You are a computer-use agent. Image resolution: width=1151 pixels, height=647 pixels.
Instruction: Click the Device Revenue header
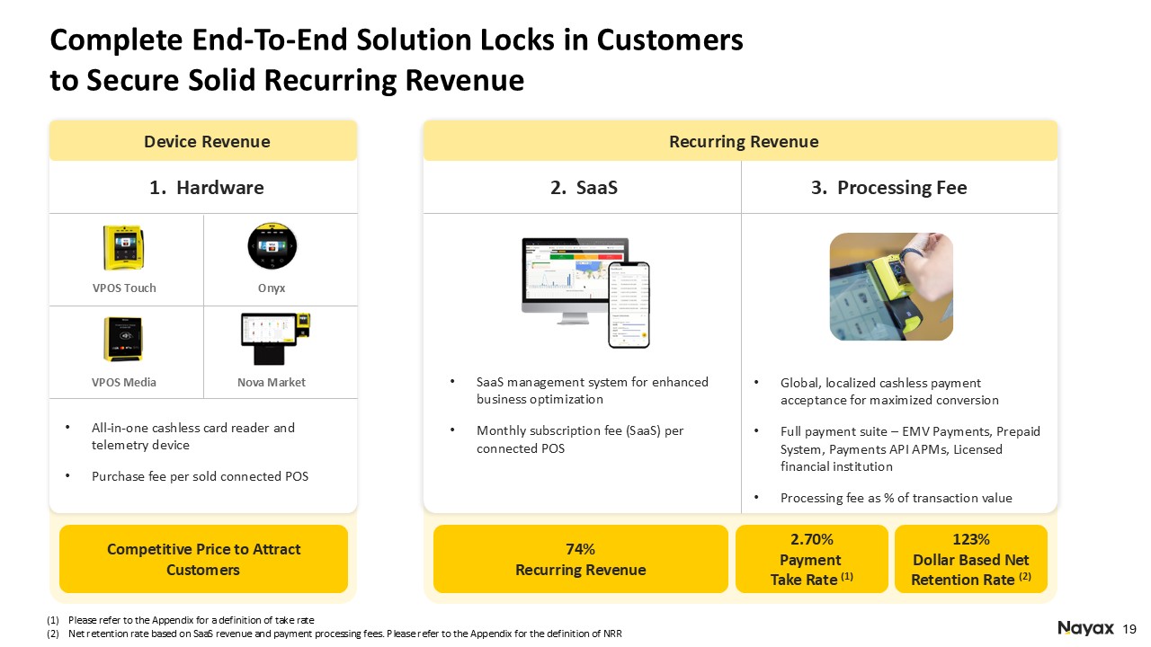click(207, 141)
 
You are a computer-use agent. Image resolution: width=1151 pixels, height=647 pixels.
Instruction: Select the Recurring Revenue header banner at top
click(744, 141)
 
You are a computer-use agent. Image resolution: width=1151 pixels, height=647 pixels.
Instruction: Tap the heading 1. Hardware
click(207, 188)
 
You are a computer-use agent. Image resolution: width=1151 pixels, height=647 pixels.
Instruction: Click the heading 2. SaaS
click(584, 188)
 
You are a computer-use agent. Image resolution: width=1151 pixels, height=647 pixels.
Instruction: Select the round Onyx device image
click(272, 247)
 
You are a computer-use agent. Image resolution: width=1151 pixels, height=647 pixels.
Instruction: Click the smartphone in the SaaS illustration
click(629, 304)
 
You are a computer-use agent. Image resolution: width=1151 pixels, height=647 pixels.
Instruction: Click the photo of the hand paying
click(890, 287)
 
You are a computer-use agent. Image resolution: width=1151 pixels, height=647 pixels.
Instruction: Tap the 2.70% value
click(812, 540)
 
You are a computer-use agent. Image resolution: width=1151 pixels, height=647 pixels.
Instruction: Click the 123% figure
click(970, 540)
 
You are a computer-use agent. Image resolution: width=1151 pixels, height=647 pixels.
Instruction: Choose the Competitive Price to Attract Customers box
click(203, 559)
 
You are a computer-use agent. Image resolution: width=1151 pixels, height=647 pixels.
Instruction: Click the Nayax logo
click(1086, 628)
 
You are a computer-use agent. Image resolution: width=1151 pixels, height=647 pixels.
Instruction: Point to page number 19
click(1130, 628)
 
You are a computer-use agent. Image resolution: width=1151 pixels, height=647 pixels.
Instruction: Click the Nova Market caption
click(272, 383)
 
